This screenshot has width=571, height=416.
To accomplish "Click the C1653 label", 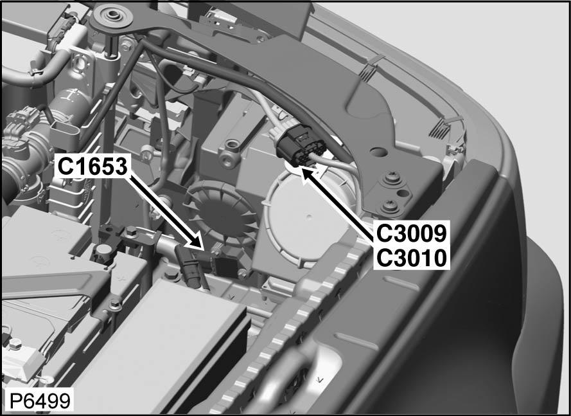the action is (x=92, y=167).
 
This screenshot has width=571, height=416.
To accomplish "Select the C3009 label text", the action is (x=411, y=233).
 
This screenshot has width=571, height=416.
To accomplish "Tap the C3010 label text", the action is (x=411, y=258).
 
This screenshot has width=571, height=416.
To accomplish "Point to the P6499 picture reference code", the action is (x=40, y=401).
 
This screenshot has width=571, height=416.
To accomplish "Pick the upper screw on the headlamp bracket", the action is (x=389, y=179).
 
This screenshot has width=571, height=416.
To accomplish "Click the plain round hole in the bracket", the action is (x=378, y=151).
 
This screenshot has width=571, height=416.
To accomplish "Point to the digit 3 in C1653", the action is (x=120, y=167).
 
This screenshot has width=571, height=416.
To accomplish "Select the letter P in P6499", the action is (x=15, y=401).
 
